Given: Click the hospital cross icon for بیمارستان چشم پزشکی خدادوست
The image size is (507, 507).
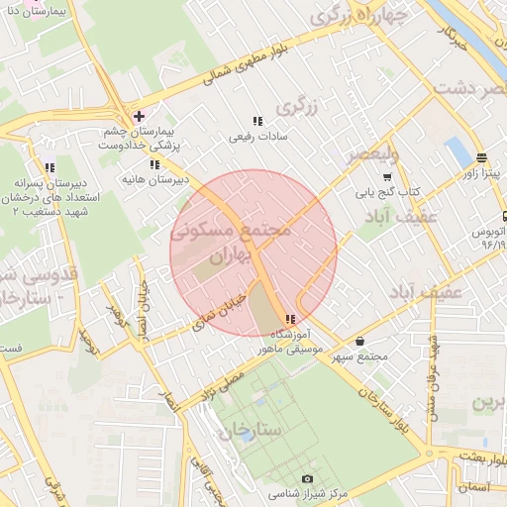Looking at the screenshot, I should click(x=138, y=117).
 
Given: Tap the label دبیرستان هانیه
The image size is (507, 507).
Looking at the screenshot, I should click(x=152, y=180).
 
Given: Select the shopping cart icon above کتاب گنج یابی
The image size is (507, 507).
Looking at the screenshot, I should click(x=386, y=176).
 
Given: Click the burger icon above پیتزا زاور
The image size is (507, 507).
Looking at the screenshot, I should click(x=480, y=157).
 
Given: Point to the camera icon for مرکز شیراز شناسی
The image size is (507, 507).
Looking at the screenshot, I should click(x=306, y=478).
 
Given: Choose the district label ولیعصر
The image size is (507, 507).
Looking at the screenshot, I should click(x=371, y=154).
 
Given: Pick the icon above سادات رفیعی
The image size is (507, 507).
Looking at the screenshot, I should click(x=257, y=121).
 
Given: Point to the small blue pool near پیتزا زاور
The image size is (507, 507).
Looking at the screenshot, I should click(x=456, y=152).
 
